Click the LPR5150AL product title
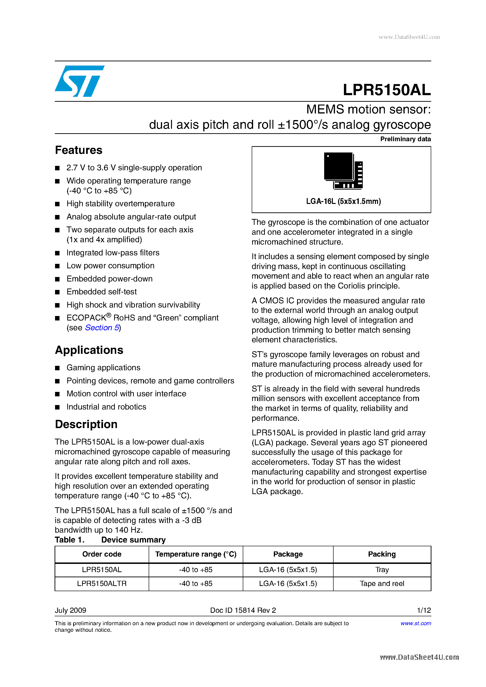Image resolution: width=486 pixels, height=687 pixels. click(386, 90)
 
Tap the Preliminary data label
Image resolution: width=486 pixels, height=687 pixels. click(405, 139)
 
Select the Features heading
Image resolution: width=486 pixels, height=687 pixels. click(79, 150)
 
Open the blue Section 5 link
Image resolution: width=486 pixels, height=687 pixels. click(102, 328)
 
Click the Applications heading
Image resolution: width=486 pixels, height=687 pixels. click(89, 350)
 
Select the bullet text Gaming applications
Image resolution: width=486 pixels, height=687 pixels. click(103, 367)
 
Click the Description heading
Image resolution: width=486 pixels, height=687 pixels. click(86, 424)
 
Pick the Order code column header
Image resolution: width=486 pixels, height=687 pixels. click(102, 554)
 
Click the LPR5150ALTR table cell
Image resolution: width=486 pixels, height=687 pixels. click(102, 583)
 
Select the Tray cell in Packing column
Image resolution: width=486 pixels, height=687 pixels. click(382, 570)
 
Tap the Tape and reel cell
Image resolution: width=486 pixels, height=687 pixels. click(382, 583)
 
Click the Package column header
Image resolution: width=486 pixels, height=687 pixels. click(288, 554)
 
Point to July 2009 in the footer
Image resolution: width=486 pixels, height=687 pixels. click(70, 610)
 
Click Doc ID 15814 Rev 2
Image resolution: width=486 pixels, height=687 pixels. click(243, 610)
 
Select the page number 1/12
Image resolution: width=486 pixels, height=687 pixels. click(424, 610)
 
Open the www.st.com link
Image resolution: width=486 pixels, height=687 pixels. click(416, 623)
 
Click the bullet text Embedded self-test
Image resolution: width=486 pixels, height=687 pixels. click(102, 292)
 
